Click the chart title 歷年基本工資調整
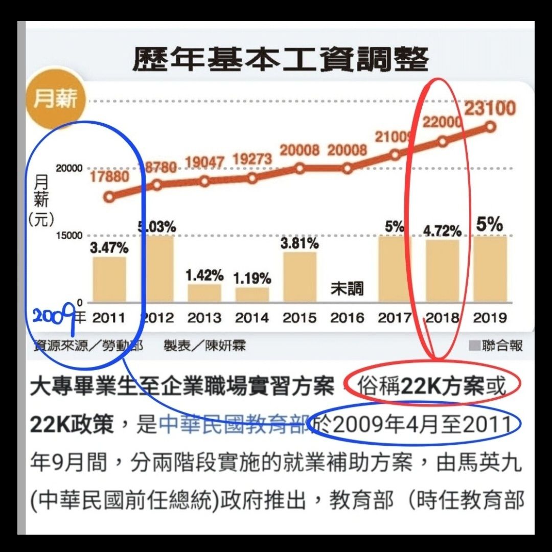tap(280, 60)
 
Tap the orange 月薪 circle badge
tap(55, 99)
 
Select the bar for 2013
tap(204, 292)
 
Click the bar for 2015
tap(300, 277)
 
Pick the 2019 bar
tap(490, 269)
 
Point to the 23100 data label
tap(490, 109)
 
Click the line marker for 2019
tap(491, 127)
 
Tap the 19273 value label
tap(252, 159)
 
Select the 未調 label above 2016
tap(347, 289)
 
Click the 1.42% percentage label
tap(204, 275)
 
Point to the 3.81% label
tap(300, 243)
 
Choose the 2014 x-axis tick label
tap(252, 318)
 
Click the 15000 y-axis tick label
tap(69, 236)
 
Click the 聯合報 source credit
tap(502, 346)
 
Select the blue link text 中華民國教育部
tap(234, 424)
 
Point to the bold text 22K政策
tap(72, 424)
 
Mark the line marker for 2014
tap(252, 178)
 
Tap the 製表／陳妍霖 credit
tap(204, 346)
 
